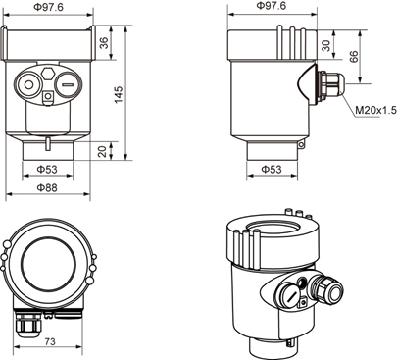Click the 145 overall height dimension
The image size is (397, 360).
(x=119, y=94)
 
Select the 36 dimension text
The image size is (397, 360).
(x=104, y=43)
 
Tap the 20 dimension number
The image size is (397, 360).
(x=103, y=151)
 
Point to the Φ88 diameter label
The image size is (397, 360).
(x=47, y=187)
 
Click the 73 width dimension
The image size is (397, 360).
(x=50, y=341)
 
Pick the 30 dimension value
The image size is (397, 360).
(x=326, y=45)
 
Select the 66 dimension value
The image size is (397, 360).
(x=354, y=57)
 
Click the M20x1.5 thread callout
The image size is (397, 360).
(x=375, y=110)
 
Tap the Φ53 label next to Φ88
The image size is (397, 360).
(x=47, y=169)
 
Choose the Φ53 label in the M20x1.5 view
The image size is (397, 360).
(x=272, y=169)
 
